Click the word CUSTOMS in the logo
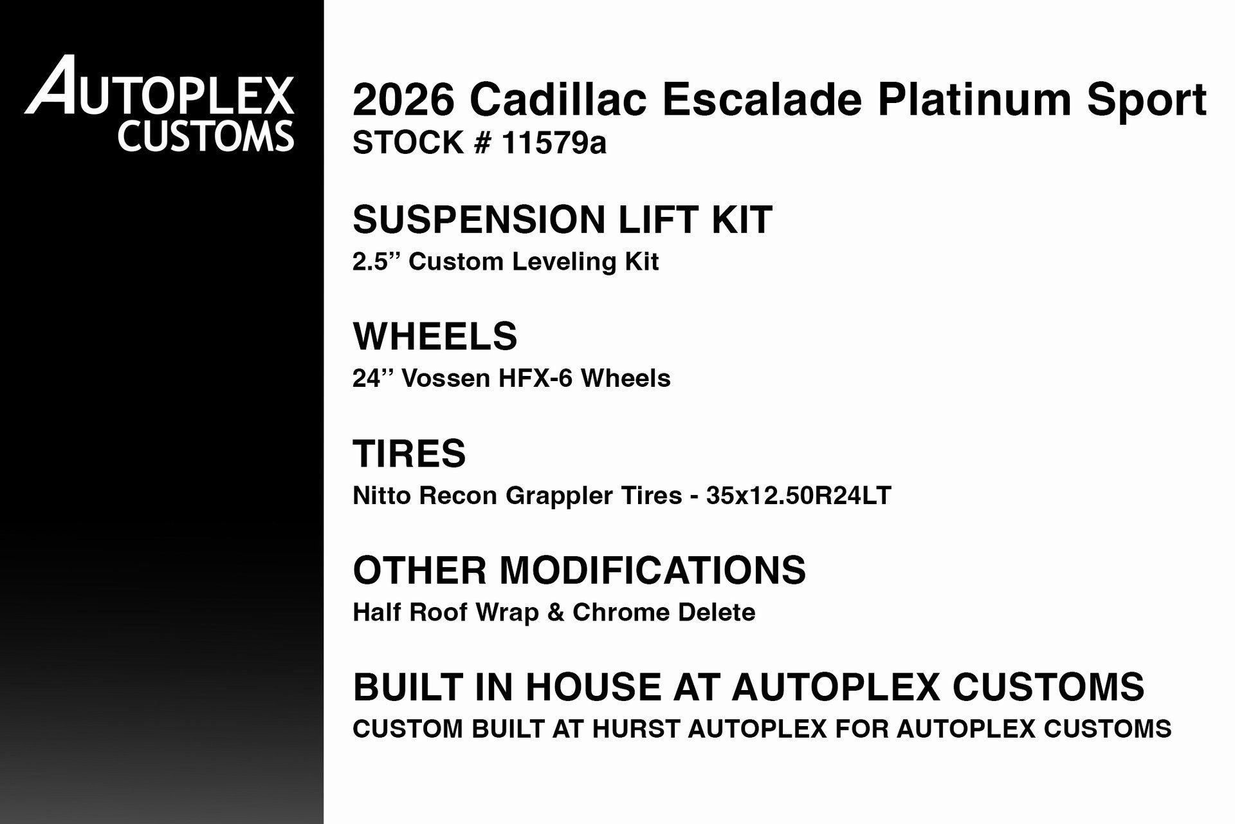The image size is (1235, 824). point(205,136)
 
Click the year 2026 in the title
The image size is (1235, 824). point(403,100)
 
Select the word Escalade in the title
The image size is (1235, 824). point(762,100)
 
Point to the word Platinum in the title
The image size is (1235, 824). point(974,100)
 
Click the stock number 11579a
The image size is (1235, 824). point(554,142)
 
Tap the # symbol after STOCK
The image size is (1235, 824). point(482,142)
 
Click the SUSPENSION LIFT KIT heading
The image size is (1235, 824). point(562,220)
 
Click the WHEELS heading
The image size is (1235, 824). point(435,336)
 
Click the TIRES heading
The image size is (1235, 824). point(409,453)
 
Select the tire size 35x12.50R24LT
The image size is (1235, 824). point(798,496)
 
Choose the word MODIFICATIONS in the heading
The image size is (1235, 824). point(652,570)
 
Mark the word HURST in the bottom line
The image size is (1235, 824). point(636,729)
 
